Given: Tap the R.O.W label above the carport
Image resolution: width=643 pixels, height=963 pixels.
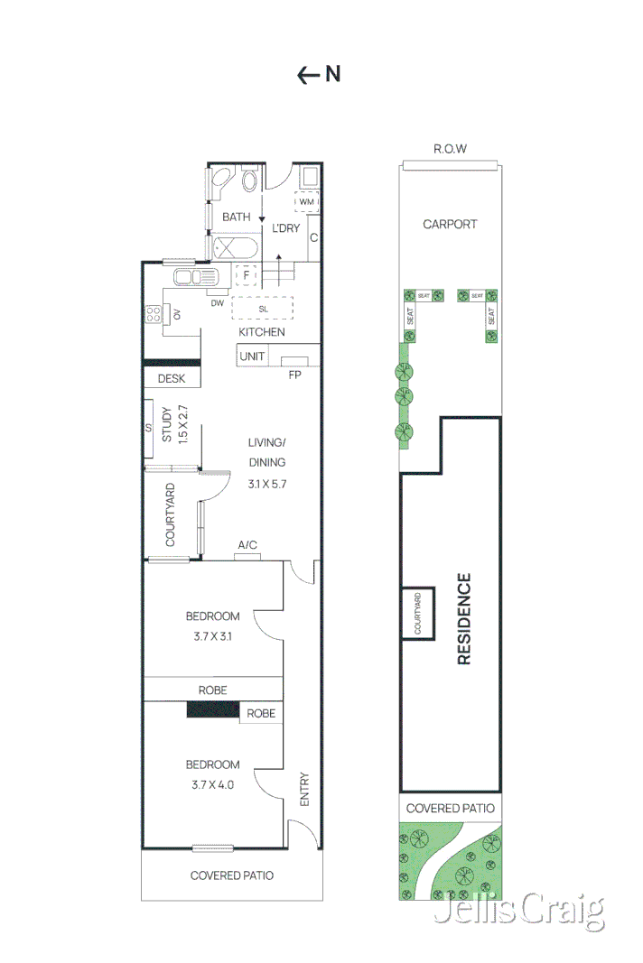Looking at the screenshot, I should click(x=450, y=149).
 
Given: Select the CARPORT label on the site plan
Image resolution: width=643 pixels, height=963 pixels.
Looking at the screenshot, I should click(x=450, y=224).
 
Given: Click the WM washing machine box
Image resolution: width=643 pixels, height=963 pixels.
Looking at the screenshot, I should click(x=306, y=201).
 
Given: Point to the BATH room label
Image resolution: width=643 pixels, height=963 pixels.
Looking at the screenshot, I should click(x=236, y=217).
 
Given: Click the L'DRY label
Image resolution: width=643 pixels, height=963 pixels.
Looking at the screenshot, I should click(x=285, y=228).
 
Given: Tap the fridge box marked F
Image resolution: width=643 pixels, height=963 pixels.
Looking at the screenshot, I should click(x=246, y=274).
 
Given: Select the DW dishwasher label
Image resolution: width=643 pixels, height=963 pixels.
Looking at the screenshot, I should click(x=217, y=303).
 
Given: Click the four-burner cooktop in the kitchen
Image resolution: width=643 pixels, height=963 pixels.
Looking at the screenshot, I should click(x=154, y=314).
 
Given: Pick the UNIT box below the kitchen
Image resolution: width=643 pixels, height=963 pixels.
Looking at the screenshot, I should click(x=252, y=356).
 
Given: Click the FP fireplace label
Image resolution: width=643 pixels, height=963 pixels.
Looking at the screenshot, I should click(x=294, y=375).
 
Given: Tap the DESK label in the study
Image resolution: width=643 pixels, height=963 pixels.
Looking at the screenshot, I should click(x=172, y=379).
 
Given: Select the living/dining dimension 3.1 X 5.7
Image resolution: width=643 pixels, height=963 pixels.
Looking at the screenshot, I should click(x=266, y=484).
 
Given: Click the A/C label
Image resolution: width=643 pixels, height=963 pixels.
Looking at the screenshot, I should click(x=247, y=545).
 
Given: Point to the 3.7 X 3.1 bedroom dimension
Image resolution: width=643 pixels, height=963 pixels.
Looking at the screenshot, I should click(x=213, y=636).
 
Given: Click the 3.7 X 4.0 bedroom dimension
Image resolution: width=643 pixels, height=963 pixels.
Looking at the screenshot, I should click(x=213, y=784).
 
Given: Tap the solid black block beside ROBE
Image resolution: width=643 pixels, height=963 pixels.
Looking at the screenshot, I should click(x=213, y=711).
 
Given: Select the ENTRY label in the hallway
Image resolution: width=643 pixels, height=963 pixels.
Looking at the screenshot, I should click(x=304, y=789).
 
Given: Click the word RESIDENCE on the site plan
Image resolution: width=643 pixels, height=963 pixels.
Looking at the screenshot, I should click(x=464, y=618).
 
